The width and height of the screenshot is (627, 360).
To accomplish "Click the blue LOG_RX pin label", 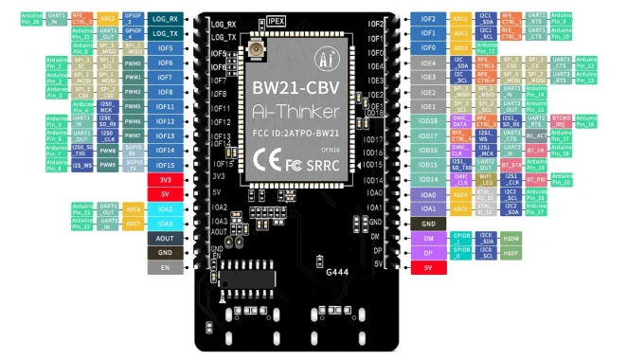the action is [165, 18].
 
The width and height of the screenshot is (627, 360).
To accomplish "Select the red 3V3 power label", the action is [165, 179].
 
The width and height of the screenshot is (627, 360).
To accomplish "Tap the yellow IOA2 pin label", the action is [165, 208].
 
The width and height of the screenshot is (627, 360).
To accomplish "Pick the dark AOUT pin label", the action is [165, 238].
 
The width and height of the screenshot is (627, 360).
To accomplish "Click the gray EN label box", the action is [165, 268].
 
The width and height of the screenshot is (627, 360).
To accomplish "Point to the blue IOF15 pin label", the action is [165, 165].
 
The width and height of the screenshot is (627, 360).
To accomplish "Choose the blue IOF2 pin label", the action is [428, 18].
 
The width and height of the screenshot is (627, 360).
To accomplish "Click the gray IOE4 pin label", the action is [428, 63].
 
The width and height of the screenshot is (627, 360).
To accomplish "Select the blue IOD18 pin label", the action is [428, 120].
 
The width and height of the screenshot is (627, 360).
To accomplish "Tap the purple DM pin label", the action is [428, 239].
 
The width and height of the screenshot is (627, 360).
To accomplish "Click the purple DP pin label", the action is [428, 253].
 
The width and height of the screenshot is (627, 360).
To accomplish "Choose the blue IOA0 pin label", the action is [428, 194].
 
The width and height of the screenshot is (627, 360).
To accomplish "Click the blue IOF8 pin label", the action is [165, 92].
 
